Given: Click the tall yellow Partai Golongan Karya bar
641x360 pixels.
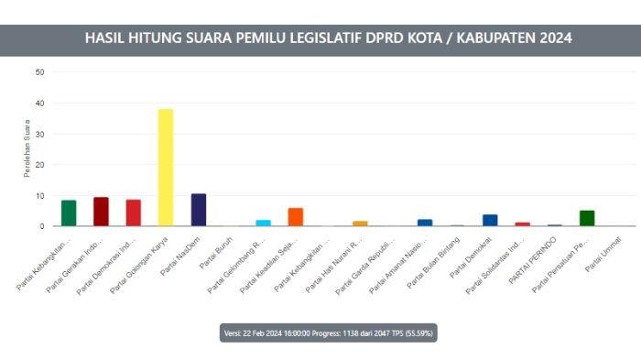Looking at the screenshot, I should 166,168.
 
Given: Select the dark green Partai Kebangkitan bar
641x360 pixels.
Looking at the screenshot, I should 69,213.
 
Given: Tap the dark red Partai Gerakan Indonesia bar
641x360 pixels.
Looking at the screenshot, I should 101,212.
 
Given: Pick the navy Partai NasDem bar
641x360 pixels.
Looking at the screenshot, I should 199,210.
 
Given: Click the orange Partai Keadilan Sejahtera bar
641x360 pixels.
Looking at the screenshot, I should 296,217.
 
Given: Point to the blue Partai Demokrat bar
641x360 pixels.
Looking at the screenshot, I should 490,220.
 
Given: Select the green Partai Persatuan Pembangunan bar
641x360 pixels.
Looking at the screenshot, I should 587,218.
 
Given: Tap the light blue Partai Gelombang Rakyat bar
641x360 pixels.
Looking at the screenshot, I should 263,223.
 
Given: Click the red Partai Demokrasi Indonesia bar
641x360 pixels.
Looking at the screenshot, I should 134,213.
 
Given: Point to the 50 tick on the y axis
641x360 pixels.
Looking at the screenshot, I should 39,71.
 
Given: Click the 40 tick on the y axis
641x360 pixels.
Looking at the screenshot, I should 39,103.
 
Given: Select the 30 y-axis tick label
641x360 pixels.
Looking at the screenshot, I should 39,134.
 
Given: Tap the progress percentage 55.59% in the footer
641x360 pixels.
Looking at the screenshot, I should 419,333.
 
